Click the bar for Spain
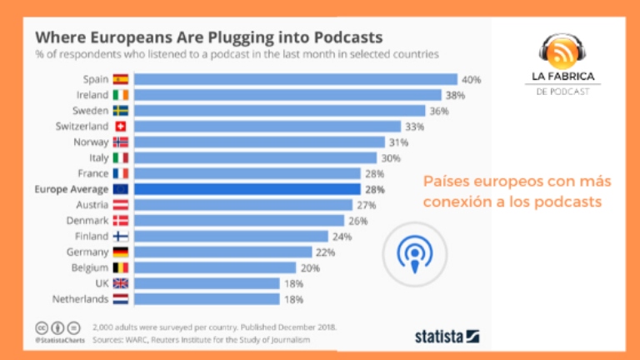(x=295, y=80)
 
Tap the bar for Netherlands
(x=206, y=298)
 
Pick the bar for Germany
(x=222, y=252)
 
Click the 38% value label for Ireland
(x=454, y=96)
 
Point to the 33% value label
(x=414, y=127)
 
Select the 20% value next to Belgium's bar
(x=310, y=267)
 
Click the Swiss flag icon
(x=120, y=127)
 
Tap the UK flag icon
(x=120, y=283)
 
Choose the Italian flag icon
(x=120, y=157)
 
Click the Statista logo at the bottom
(x=447, y=336)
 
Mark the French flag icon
(x=120, y=173)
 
